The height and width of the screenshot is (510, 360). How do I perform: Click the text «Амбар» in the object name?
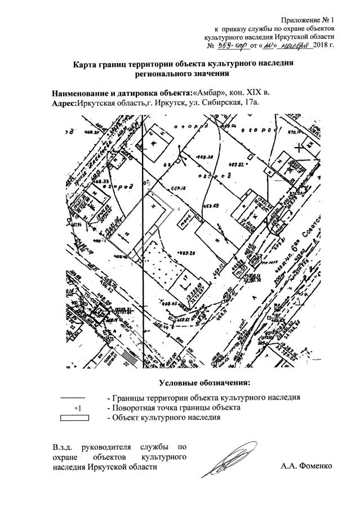click(x=208, y=92)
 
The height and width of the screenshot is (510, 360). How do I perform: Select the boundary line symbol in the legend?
click(x=75, y=397)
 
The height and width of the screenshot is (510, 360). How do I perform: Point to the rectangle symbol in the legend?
click(x=75, y=418)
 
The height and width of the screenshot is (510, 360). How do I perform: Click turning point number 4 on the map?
click(x=179, y=209)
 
